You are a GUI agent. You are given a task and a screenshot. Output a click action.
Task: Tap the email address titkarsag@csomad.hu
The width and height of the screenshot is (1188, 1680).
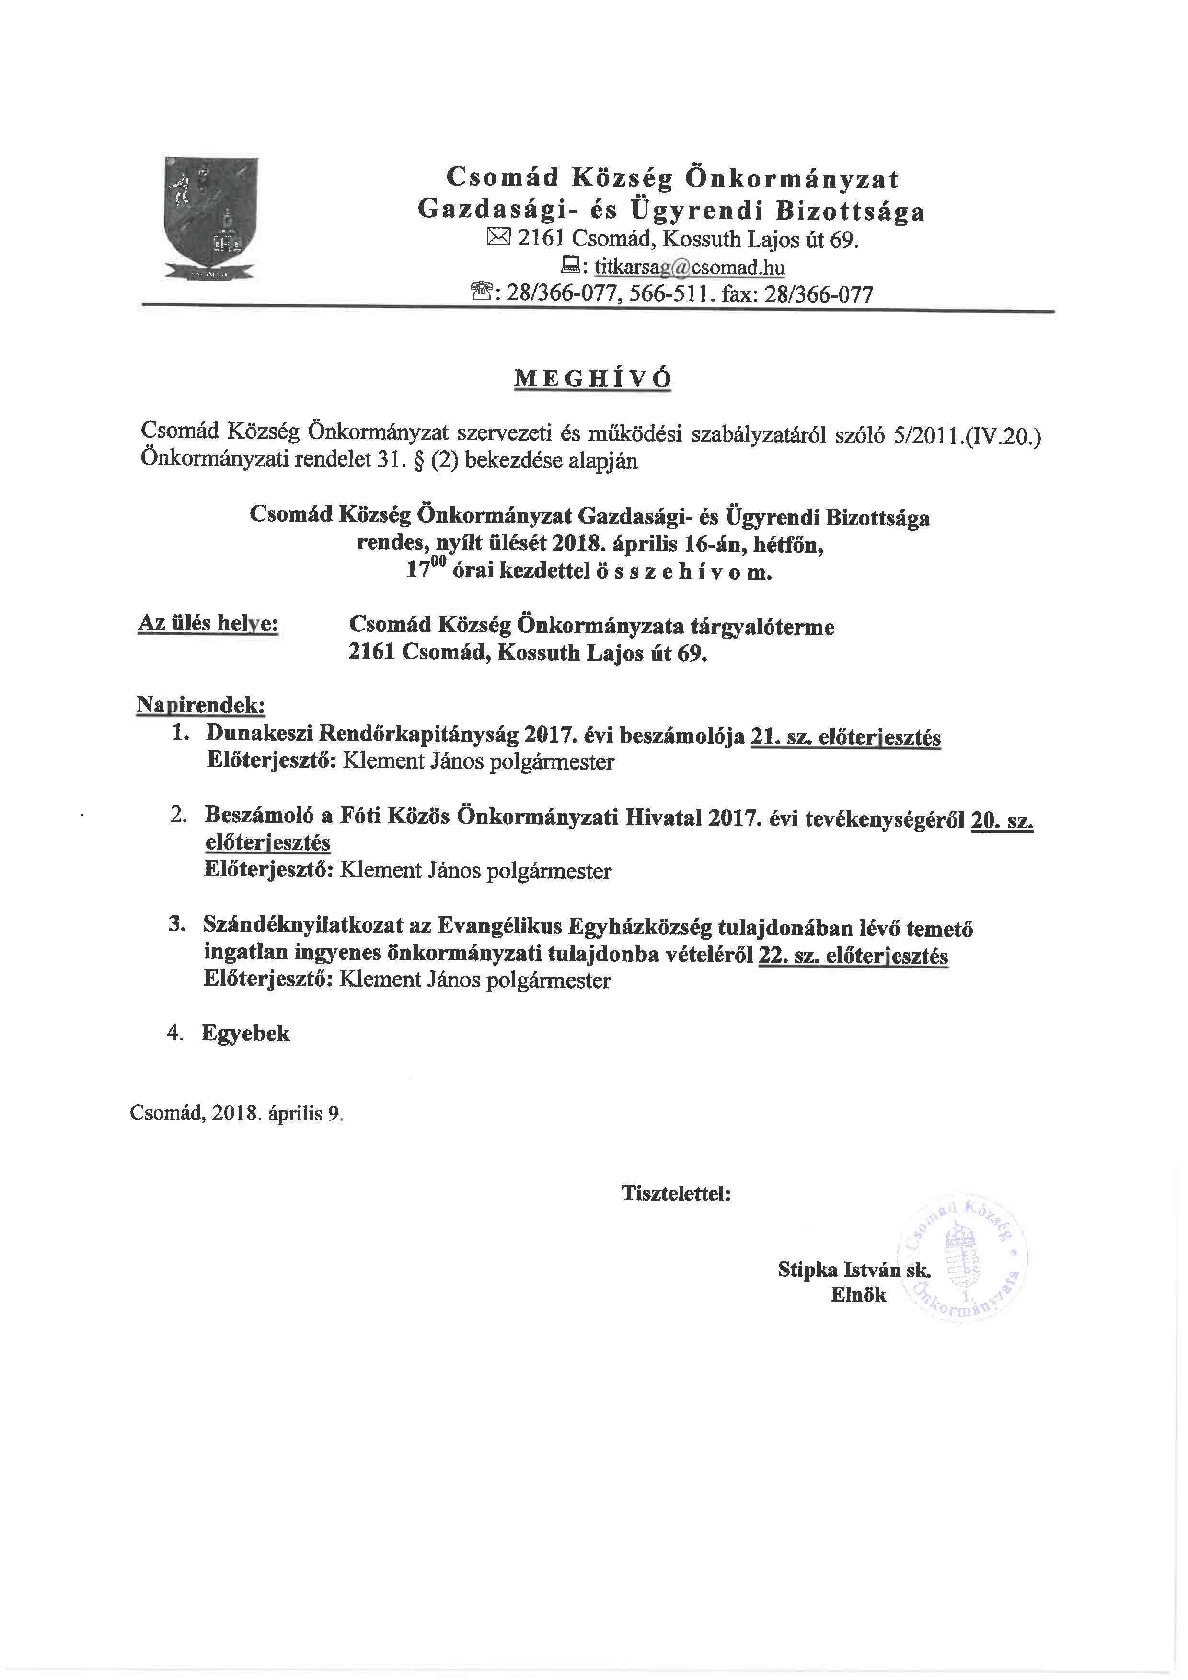tap(689, 267)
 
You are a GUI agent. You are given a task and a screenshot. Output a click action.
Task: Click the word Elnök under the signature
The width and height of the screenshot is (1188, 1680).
tap(858, 1295)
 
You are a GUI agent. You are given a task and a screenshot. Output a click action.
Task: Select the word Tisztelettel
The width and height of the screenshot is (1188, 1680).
tap(676, 1193)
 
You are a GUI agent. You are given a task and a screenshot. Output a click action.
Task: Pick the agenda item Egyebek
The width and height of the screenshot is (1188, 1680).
tap(246, 1033)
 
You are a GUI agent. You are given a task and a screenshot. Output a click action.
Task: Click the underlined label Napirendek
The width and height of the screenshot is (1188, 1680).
tap(201, 705)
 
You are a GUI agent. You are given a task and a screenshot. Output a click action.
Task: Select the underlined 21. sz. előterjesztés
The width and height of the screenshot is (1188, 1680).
tap(846, 737)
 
